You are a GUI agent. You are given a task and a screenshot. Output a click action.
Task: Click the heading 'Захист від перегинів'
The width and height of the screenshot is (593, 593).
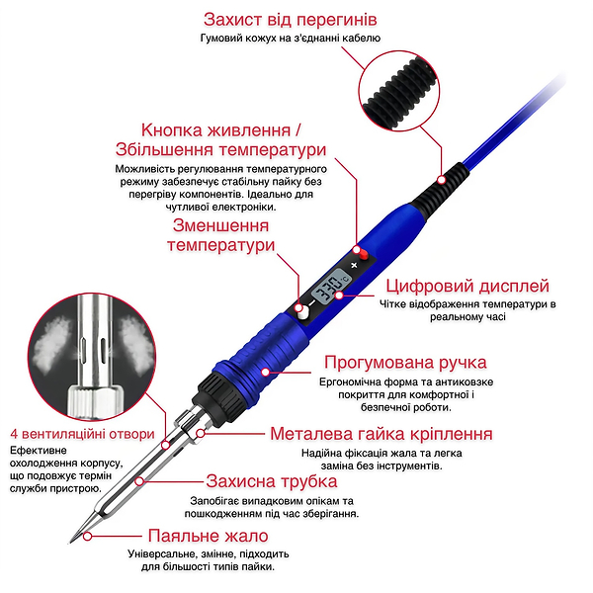coord(290,20)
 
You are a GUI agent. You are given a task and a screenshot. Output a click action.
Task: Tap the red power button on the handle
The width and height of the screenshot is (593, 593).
coord(364,254)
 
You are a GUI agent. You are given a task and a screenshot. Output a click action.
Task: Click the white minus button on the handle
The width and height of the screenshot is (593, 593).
coord(301,312)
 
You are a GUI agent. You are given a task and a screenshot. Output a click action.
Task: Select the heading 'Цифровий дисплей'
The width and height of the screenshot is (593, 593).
coord(467,286)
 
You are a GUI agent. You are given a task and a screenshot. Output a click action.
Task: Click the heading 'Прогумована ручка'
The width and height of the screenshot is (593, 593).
coord(405,363)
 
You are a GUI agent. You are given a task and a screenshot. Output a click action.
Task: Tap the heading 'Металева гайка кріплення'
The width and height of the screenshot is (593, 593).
coord(381,434)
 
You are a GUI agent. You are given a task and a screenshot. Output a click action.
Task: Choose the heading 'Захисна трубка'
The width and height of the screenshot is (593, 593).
coord(272,481)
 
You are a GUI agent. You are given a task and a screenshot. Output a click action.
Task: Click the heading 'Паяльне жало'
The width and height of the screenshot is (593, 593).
coord(208,536)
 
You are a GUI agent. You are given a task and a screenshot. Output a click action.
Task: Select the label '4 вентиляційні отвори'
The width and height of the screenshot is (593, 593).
coord(82,434)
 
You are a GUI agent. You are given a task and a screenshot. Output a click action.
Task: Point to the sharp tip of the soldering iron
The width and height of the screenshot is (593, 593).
coord(71,543)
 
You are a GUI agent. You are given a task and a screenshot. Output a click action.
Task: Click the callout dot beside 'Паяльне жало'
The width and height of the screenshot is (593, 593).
coord(87,537)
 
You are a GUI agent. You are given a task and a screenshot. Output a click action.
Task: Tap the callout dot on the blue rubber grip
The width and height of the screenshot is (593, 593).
coord(266,373)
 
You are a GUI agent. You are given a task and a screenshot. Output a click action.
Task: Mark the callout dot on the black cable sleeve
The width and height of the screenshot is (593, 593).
coord(441,180)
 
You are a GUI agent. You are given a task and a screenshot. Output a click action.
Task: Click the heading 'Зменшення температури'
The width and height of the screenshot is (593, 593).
coord(220,235)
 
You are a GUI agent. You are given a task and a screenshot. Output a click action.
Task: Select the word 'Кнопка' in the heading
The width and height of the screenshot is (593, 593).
coord(172,130)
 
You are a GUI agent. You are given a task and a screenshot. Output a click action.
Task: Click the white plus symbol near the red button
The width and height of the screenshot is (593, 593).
coord(354,265)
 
